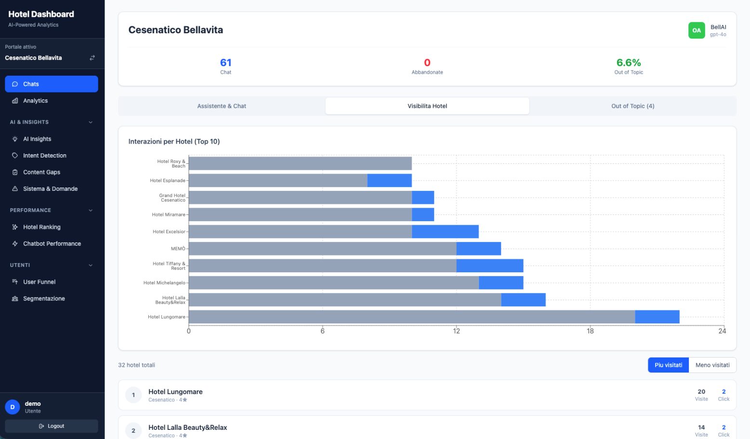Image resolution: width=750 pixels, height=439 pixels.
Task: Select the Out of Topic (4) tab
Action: click(x=632, y=106)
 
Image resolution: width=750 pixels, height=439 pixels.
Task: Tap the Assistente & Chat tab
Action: click(x=222, y=106)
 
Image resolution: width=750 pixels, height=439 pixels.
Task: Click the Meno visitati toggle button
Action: click(x=712, y=365)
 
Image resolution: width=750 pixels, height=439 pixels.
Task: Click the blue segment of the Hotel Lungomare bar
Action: click(x=657, y=317)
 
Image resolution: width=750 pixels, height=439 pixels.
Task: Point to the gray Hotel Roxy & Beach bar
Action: click(x=300, y=163)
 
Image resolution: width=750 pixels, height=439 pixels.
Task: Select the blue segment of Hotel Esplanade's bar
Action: click(x=389, y=181)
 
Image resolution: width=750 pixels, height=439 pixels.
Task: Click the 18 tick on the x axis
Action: click(x=590, y=331)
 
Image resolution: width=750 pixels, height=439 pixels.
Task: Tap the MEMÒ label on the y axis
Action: click(x=178, y=249)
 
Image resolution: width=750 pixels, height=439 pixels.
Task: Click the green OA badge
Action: click(x=697, y=30)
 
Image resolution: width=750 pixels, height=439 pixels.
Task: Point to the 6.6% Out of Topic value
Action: click(x=629, y=63)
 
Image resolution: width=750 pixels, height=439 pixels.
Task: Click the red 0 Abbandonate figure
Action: click(x=427, y=63)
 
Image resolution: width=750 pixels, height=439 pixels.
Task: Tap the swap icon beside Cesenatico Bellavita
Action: click(x=92, y=58)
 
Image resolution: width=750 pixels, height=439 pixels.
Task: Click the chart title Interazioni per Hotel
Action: click(x=174, y=141)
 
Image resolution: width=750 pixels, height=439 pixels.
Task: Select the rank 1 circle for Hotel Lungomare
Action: click(x=133, y=395)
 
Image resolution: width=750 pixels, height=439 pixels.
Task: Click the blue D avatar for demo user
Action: click(x=13, y=407)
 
